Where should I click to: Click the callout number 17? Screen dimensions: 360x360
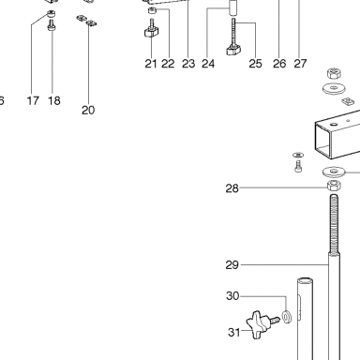pos(33,100)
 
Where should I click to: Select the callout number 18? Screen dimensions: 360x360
pos(53,100)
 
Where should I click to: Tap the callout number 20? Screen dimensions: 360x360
pos(88,110)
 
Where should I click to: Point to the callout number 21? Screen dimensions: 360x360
pos(151,64)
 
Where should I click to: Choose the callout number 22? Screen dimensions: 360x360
pos(168,64)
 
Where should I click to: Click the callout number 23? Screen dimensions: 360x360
pos(188,64)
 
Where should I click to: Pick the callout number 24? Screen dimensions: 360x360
pos(208,64)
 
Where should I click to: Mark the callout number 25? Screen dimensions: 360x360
pos(255,64)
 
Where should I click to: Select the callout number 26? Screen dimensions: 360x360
pos(279,64)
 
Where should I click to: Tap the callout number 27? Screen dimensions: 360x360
pos(300,64)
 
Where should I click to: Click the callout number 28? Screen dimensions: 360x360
pos(232,188)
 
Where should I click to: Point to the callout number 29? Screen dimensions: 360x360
pos(232,265)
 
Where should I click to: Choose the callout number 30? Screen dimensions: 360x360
pos(232,296)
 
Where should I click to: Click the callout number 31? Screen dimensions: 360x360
pos(234,332)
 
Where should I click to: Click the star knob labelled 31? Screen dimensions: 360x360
pos(259,325)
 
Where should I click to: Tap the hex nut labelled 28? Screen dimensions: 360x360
pos(334,186)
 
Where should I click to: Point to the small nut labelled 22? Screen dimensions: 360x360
pos(153,10)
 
